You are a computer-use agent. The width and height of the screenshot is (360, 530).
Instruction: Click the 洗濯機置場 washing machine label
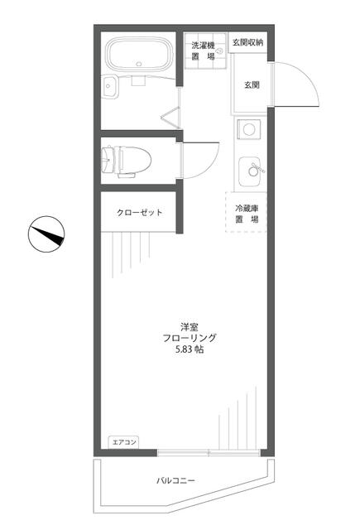[x=202, y=51]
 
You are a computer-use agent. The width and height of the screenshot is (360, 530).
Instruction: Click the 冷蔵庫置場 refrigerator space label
[x=247, y=214]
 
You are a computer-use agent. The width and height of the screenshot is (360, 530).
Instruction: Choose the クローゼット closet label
[x=139, y=213]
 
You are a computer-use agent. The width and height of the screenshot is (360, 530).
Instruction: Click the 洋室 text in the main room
[x=189, y=325]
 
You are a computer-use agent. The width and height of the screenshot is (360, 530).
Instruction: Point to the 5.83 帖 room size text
[x=189, y=350]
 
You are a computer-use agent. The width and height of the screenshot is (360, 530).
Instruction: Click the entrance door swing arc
[x=300, y=79]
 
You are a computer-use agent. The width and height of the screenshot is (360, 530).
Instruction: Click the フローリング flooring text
[x=189, y=338]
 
